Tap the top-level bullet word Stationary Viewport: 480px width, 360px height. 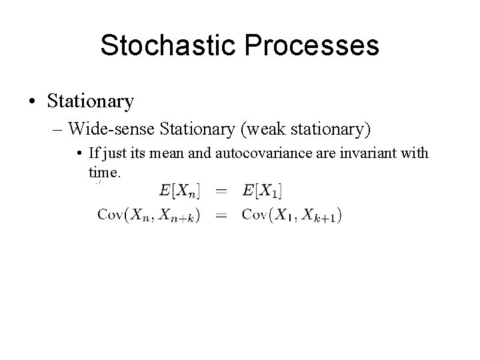tap(90, 101)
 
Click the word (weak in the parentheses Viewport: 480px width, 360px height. tap(245, 127)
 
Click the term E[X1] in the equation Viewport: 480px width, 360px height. tap(262, 191)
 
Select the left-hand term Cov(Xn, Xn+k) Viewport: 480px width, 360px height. tap(148, 215)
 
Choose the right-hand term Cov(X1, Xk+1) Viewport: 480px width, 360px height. tap(292, 215)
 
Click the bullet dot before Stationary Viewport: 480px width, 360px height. tap(31, 102)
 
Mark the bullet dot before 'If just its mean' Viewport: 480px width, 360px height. tap(79, 155)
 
